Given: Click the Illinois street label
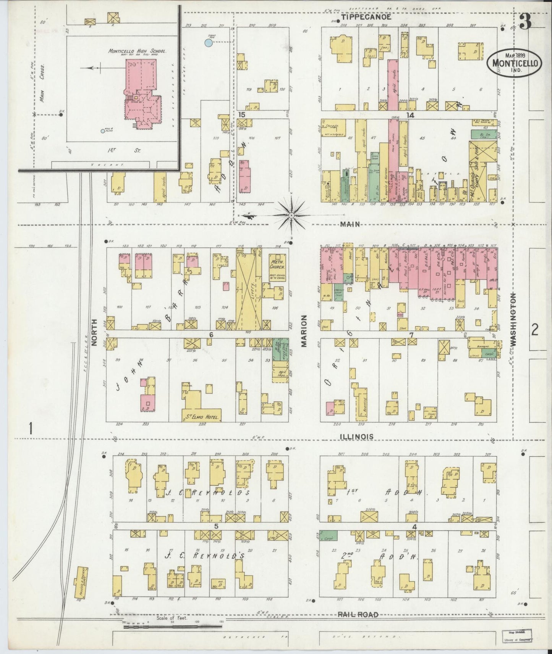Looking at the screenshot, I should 357,436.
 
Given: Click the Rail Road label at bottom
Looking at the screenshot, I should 358,615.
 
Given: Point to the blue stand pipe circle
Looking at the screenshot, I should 208,43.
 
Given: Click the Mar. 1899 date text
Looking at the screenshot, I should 513,55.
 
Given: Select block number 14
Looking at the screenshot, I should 410,115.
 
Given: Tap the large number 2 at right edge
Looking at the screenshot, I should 535,329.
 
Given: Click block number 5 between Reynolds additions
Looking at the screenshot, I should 216,527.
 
